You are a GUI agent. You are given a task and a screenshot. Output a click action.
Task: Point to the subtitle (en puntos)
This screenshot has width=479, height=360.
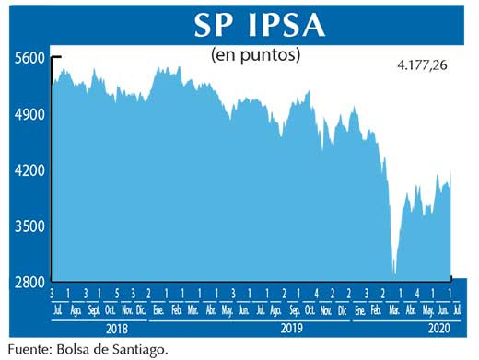256,54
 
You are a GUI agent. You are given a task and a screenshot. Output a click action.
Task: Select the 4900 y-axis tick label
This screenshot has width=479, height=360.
29,115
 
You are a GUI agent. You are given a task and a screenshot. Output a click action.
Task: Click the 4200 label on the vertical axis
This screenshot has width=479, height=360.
29,170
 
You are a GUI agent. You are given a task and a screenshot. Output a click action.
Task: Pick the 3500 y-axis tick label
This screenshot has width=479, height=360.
29,226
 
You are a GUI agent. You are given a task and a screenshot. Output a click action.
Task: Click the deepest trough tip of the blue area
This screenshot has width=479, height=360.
394,273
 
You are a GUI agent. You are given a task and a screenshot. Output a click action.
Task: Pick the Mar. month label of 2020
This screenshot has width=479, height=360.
391,309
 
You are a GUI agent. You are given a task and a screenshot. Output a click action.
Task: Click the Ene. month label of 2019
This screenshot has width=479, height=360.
159,309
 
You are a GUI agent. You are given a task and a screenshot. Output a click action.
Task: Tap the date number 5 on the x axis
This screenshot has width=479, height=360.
118,293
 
